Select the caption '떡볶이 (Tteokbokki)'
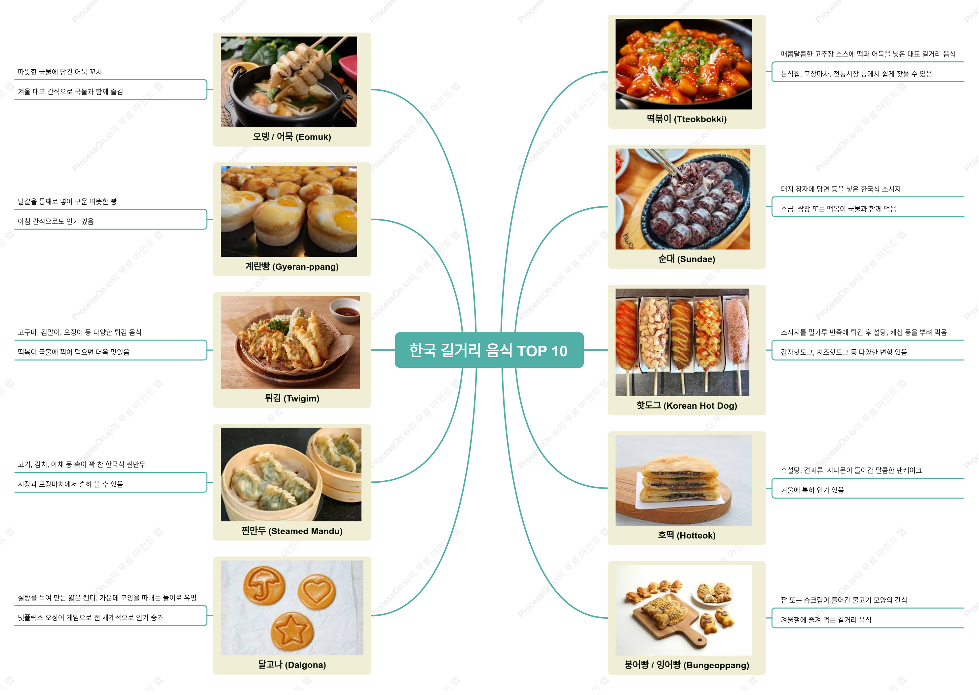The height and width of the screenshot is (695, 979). coord(687,119)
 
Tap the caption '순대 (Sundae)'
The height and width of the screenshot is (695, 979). coord(687,259)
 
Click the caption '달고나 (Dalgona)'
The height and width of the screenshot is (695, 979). coord(292,665)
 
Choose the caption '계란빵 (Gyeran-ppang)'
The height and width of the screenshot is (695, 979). coord(292,267)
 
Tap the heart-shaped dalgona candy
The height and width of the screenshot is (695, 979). coord(317,592)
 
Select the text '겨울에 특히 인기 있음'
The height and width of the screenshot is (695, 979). coord(812,490)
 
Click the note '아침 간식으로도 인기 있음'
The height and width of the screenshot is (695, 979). coord(56,221)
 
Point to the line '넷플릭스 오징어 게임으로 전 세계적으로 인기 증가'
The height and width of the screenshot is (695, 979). coord(90,617)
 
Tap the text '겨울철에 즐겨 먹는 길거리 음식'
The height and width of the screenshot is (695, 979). coord(826,620)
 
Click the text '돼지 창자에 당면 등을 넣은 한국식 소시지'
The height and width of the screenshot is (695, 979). coord(840,189)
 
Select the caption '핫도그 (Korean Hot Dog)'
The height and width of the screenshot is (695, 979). coord(687,406)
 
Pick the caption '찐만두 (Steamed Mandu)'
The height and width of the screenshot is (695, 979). coord(292,531)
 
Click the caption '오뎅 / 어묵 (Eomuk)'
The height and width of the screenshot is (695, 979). coord(292,137)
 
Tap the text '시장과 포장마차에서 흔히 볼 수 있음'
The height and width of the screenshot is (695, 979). coord(70,484)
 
